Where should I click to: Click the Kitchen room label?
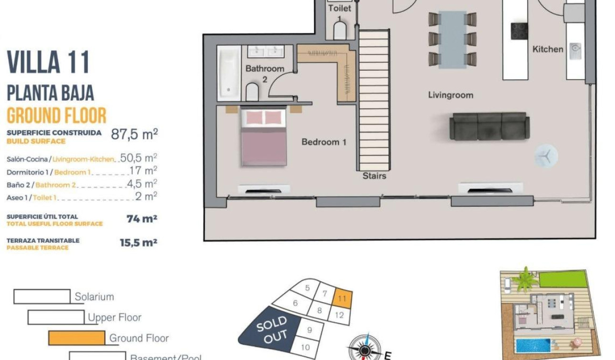tap(548, 49)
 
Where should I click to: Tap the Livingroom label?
tap(451, 95)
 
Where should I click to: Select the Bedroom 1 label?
tap(324, 142)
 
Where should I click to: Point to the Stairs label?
tap(374, 176)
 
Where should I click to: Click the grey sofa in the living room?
tap(490, 126)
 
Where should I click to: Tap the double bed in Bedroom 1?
tap(264, 137)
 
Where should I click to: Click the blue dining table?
tap(452, 40)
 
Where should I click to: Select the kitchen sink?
tap(575, 48)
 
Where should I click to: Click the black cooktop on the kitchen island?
tap(519, 31)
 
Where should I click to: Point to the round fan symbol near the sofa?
tap(545, 156)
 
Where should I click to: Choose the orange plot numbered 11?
tap(342, 298)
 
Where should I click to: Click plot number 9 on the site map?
tap(309, 330)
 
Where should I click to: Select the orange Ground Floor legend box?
tap(77, 338)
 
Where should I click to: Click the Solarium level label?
tap(94, 297)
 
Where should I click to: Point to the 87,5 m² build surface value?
tap(134, 134)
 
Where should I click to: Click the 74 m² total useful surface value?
tap(142, 219)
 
